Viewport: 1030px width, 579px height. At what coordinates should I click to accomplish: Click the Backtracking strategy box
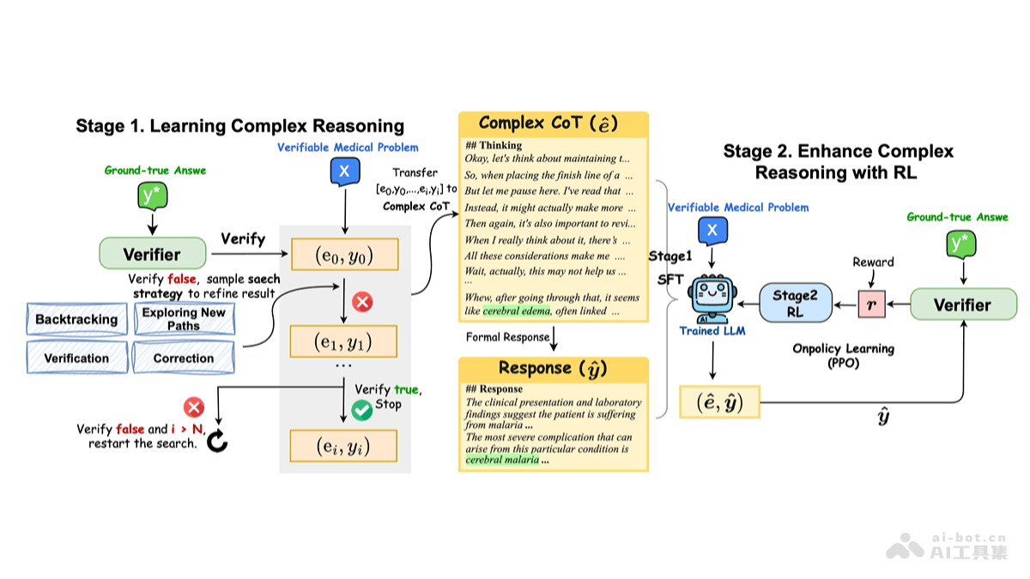click(x=76, y=319)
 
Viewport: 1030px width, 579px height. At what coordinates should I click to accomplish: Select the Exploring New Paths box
click(x=184, y=319)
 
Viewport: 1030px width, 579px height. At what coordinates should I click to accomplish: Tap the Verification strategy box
click(x=76, y=358)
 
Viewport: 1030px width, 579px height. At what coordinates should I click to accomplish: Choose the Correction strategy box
click(x=184, y=358)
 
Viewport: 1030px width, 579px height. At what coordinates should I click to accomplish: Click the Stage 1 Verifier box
click(x=153, y=254)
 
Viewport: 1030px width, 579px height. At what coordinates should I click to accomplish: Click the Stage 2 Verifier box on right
click(x=963, y=305)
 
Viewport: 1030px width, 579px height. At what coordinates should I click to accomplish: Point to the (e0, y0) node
click(x=344, y=255)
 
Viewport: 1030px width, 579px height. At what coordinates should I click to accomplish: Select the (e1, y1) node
click(x=344, y=341)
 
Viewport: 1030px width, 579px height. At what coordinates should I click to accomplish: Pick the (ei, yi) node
click(x=344, y=445)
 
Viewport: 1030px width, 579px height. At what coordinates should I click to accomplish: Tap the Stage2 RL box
click(x=795, y=304)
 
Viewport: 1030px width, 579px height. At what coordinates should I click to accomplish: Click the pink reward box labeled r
click(x=871, y=305)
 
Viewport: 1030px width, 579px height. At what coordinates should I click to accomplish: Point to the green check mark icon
click(x=361, y=411)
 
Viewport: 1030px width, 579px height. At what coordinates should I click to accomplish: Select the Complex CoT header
click(x=553, y=124)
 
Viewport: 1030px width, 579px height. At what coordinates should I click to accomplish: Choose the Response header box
click(x=553, y=369)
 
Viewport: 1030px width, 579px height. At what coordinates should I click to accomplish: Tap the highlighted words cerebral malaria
click(x=502, y=460)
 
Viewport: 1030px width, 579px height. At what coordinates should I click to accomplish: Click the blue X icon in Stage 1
click(x=344, y=172)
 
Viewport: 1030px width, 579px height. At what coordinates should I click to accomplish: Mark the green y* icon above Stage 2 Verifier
click(x=961, y=244)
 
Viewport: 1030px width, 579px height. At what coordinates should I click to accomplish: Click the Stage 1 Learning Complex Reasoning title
click(x=239, y=126)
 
